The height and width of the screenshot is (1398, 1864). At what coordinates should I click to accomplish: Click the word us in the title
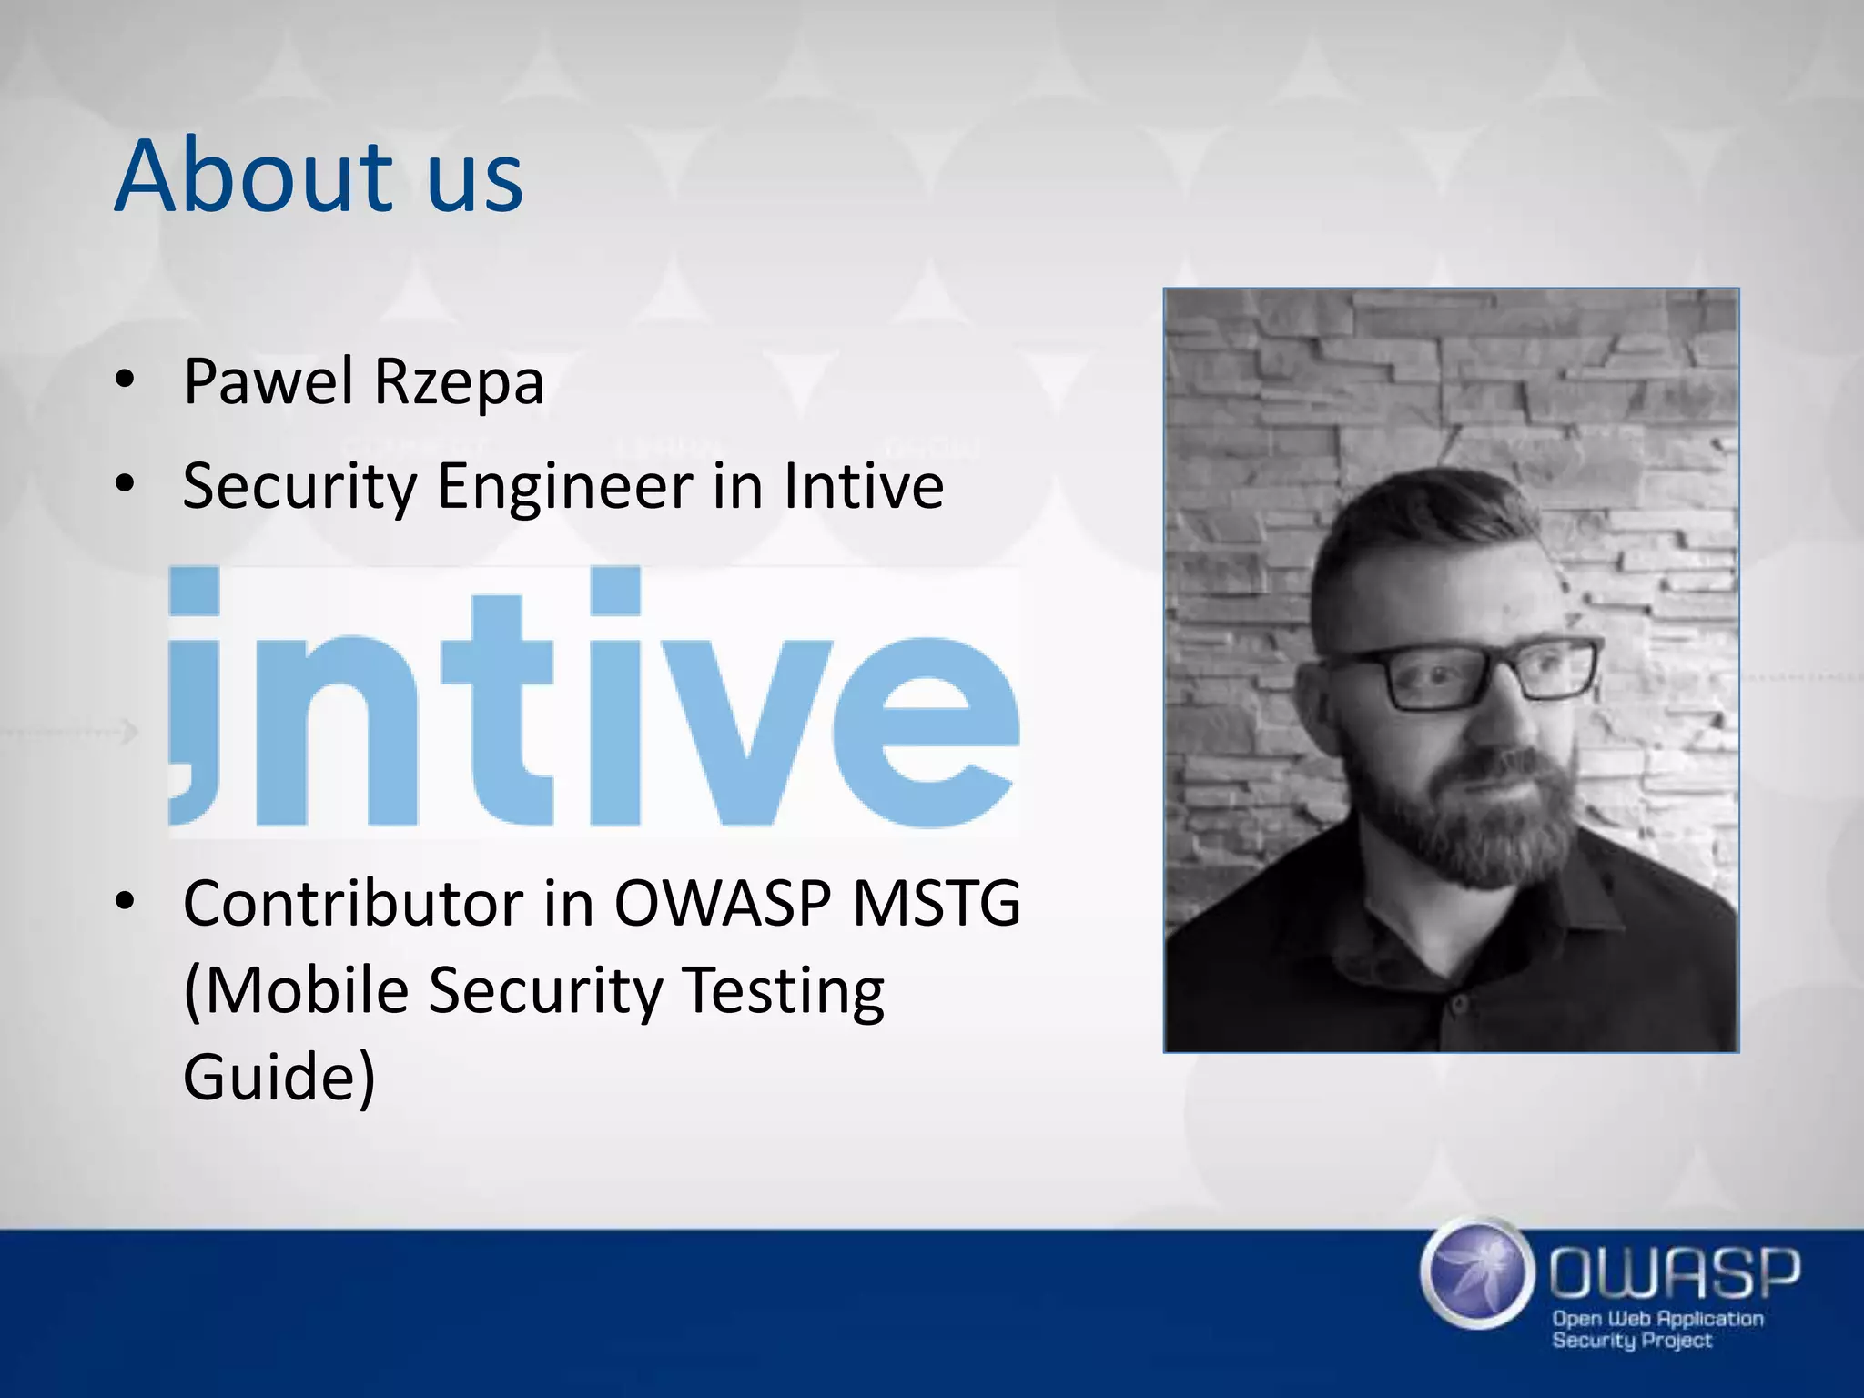tap(475, 182)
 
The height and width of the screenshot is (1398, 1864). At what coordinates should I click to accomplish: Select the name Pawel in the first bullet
tap(268, 381)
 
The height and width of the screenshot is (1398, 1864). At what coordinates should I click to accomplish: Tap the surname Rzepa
tap(459, 383)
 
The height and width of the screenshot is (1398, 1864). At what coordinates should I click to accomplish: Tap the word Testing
tap(783, 991)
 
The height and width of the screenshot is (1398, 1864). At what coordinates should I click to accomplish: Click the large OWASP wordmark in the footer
tap(1675, 1272)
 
